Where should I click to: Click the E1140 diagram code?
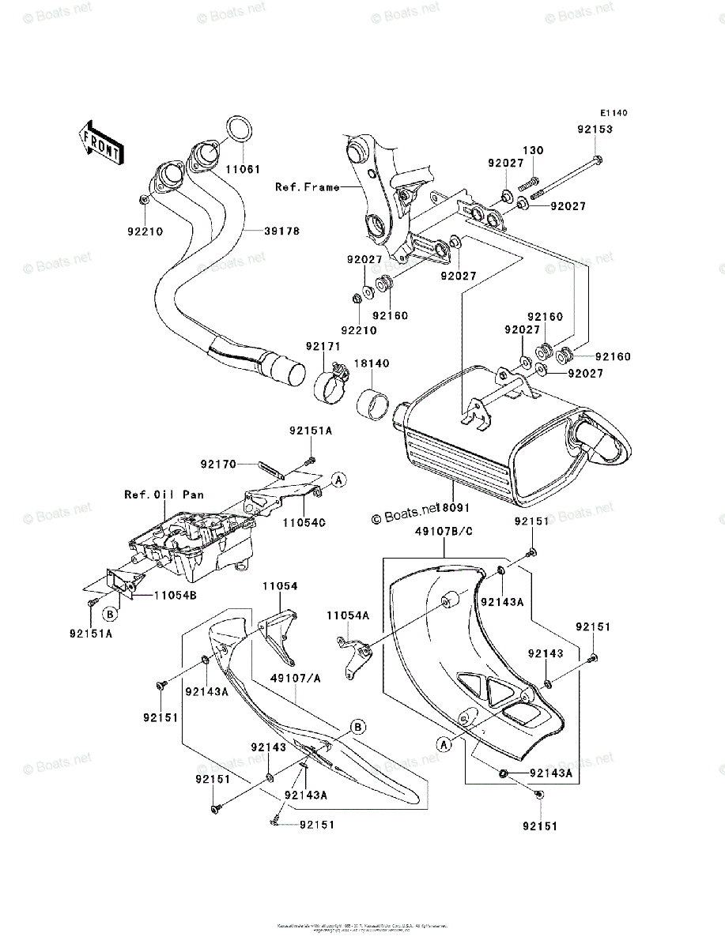click(x=612, y=114)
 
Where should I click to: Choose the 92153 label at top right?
click(x=594, y=129)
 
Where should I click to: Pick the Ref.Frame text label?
click(x=307, y=187)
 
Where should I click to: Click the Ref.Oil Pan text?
click(x=164, y=495)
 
